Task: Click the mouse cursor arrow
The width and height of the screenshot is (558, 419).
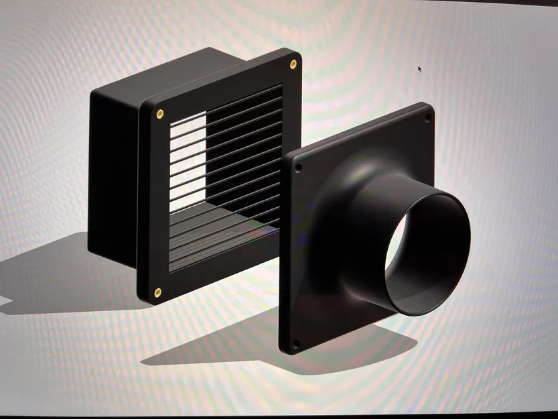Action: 419,68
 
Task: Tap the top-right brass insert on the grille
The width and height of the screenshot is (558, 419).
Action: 293,64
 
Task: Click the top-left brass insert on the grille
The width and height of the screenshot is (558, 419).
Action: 159,113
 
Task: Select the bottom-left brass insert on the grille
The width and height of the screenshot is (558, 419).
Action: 157,292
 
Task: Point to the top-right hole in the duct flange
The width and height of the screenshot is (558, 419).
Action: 427,117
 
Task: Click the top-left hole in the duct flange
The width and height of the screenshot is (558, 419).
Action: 298,167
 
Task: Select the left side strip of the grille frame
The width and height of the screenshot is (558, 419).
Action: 153,201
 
